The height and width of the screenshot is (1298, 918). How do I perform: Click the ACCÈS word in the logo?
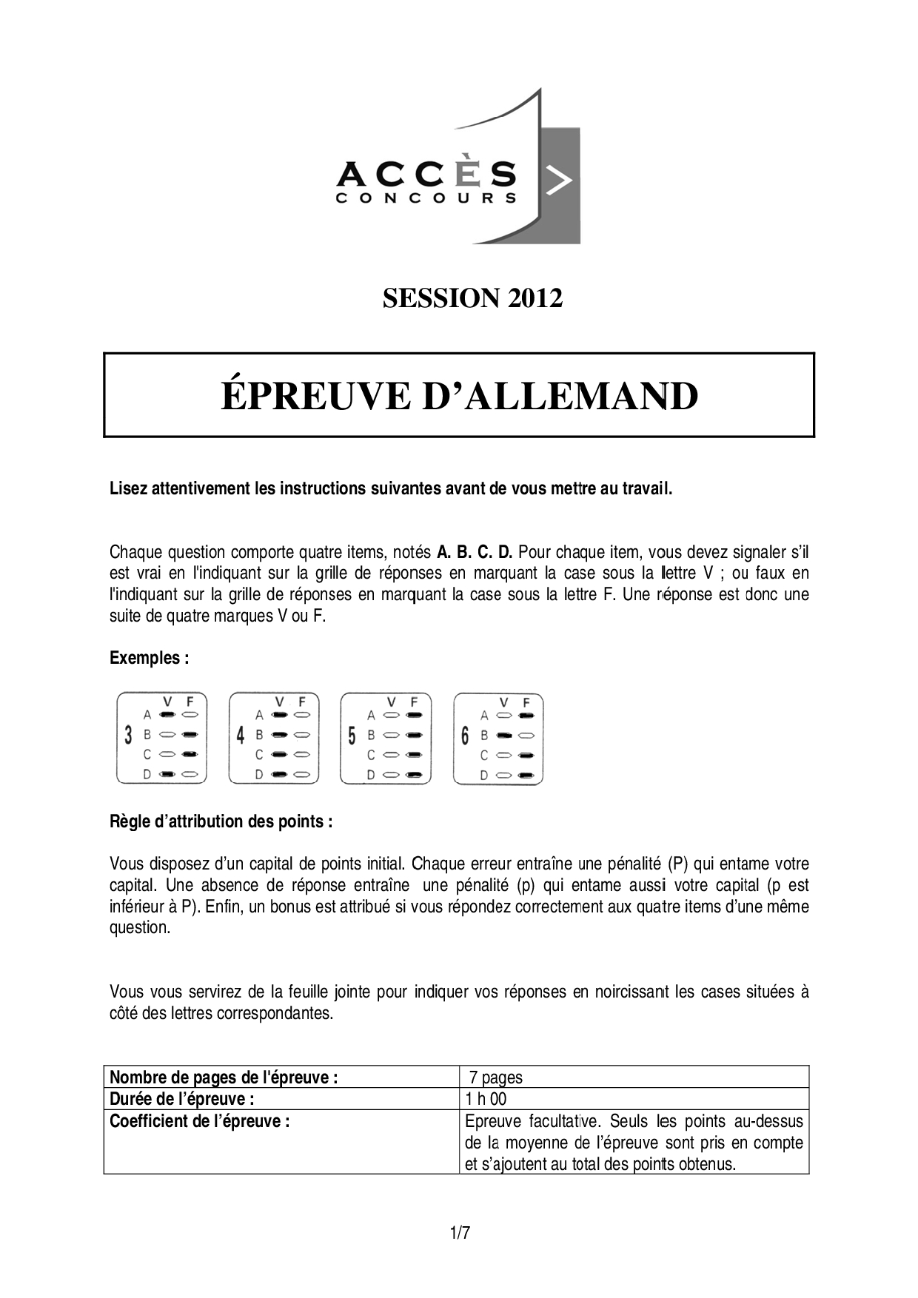click(426, 175)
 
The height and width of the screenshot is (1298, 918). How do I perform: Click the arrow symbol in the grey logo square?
click(558, 181)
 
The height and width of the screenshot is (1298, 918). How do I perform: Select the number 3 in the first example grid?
click(129, 736)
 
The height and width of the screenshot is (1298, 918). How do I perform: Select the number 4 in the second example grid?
click(241, 736)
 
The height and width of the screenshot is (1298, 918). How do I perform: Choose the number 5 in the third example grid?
click(352, 736)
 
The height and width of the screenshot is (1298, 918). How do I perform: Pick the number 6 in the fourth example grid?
click(465, 736)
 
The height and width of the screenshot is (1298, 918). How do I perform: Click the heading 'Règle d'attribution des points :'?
click(221, 821)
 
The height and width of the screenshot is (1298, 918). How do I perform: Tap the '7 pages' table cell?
click(495, 1077)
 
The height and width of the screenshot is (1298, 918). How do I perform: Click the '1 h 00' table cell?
click(486, 1099)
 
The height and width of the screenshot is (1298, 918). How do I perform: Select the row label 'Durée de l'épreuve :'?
click(182, 1099)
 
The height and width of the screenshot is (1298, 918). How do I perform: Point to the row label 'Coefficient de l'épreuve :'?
click(199, 1121)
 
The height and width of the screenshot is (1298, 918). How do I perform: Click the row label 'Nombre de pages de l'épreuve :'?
click(224, 1077)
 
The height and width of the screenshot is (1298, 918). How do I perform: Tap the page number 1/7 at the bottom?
click(459, 1234)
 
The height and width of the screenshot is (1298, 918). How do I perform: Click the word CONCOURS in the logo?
click(426, 198)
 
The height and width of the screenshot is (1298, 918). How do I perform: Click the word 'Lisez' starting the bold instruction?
click(127, 489)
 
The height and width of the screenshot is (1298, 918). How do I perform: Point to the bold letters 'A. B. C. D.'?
click(475, 552)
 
